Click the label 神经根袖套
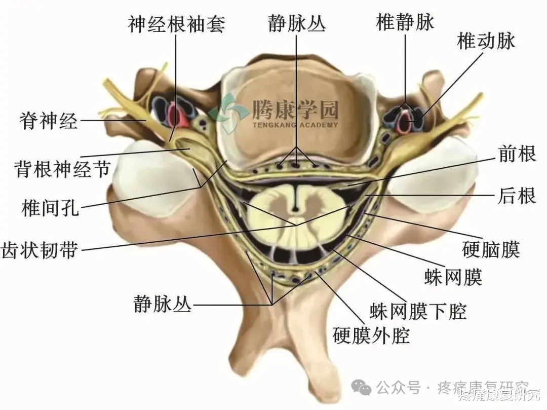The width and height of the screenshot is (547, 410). [x=176, y=24]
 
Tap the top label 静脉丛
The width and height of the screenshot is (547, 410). [x=297, y=24]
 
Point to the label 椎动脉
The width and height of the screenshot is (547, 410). [x=486, y=41]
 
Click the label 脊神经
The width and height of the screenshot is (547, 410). [x=49, y=121]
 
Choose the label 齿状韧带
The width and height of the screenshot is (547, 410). [x=41, y=249]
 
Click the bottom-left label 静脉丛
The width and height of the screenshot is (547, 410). [x=162, y=305]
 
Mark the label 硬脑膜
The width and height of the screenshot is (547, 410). [x=491, y=249]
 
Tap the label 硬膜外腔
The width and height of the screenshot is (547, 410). [x=371, y=335]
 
